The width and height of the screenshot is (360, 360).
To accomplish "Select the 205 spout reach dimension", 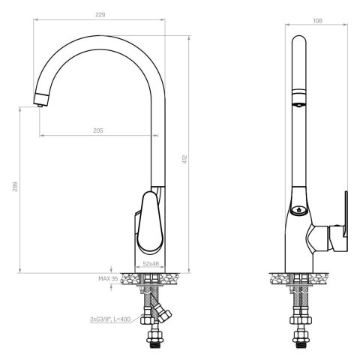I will click(98, 130).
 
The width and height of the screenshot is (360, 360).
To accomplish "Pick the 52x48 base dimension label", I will click(151, 264).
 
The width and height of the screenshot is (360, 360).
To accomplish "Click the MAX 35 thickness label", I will click(108, 278).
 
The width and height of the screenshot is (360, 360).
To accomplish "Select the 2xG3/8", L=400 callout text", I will click(111, 319).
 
